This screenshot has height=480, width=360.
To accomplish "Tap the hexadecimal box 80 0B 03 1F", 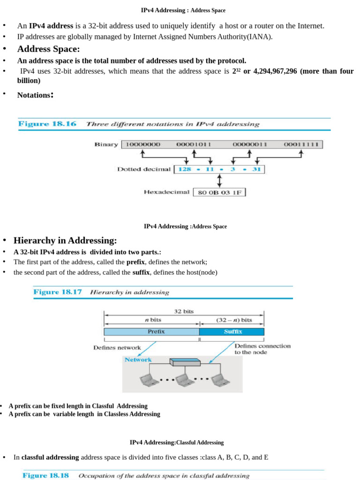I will (219, 192).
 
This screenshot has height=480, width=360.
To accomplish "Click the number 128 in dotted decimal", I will (185, 169).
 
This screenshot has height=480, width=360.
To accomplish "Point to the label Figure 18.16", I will (47, 124).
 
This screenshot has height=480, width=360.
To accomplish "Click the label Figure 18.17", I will (57, 292).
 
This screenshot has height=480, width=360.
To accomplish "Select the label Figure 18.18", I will (45, 475).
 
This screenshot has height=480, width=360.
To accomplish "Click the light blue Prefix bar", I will (151, 332).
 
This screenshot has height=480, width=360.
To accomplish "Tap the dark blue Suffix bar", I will (232, 332).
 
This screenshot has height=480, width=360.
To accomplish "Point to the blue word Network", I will (138, 360).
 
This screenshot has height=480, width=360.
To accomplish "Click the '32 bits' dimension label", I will (184, 311).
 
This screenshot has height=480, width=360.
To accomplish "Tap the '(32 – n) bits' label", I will (233, 320).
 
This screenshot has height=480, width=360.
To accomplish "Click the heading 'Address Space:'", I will (48, 49).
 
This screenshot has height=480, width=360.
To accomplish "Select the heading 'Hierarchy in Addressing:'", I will (65, 240).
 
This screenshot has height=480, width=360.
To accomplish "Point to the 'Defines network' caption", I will (117, 348).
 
